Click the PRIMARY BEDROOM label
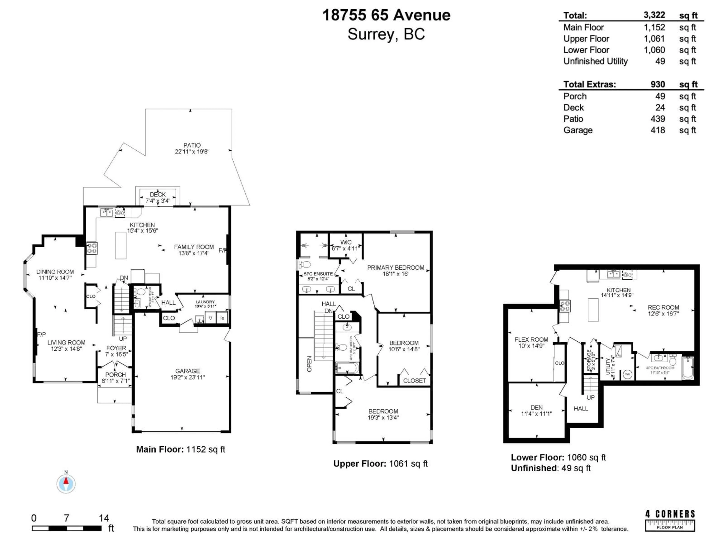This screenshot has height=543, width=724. [x=395, y=267]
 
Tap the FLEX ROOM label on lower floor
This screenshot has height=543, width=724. [x=531, y=339]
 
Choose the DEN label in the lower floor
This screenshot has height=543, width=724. [x=536, y=407]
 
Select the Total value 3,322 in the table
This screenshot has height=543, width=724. [x=654, y=15]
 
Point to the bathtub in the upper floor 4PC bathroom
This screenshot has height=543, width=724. [x=347, y=368]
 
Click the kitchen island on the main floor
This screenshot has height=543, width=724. [x=121, y=245]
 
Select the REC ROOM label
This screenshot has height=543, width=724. [x=663, y=307]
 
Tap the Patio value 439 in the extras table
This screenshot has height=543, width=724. [x=658, y=119]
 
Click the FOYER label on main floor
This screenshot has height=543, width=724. [x=116, y=348]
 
